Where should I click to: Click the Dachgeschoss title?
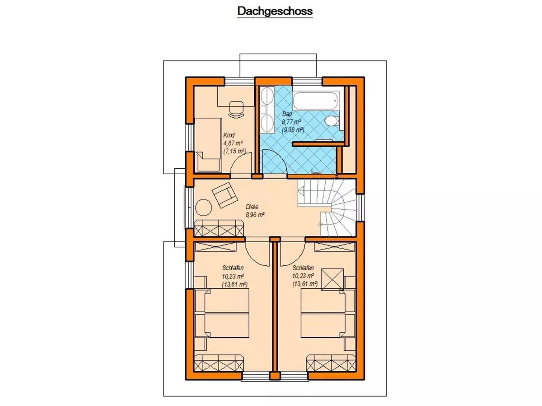(275, 11)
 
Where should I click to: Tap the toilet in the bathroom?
(332, 121)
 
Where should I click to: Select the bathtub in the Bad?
(316, 101)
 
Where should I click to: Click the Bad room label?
(287, 114)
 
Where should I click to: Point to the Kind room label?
(229, 135)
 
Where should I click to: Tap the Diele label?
(252, 207)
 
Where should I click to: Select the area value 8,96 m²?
(255, 215)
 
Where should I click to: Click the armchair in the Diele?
(224, 195)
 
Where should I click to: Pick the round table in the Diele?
(203, 208)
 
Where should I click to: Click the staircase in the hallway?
(327, 208)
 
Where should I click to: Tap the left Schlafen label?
(233, 268)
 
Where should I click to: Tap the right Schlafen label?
(303, 268)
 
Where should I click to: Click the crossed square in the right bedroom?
(332, 279)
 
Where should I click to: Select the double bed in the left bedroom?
(222, 313)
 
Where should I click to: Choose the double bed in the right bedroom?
(328, 313)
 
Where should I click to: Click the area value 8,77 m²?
(291, 122)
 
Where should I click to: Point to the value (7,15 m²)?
(234, 151)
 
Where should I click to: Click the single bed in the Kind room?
(208, 145)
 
